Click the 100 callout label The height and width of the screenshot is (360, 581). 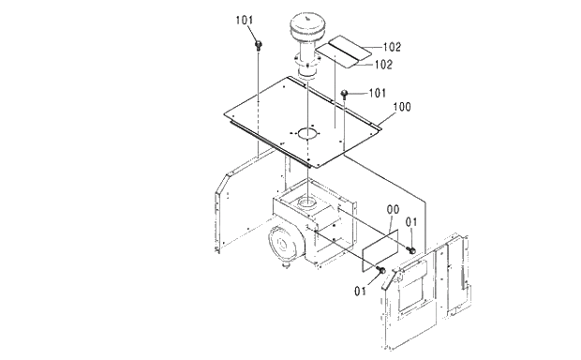click(402, 107)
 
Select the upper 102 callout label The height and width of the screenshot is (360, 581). click(392, 47)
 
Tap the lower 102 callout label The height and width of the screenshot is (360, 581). click(383, 65)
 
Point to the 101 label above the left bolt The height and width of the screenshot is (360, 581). click(245, 20)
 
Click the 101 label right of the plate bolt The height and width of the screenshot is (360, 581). click(378, 93)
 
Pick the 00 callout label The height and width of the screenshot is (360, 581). click(394, 209)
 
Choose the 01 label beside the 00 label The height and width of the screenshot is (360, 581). click(411, 222)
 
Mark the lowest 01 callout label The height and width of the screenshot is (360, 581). click(360, 291)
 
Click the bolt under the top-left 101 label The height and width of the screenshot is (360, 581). click(259, 46)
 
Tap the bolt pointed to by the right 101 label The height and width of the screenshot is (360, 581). click(344, 94)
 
